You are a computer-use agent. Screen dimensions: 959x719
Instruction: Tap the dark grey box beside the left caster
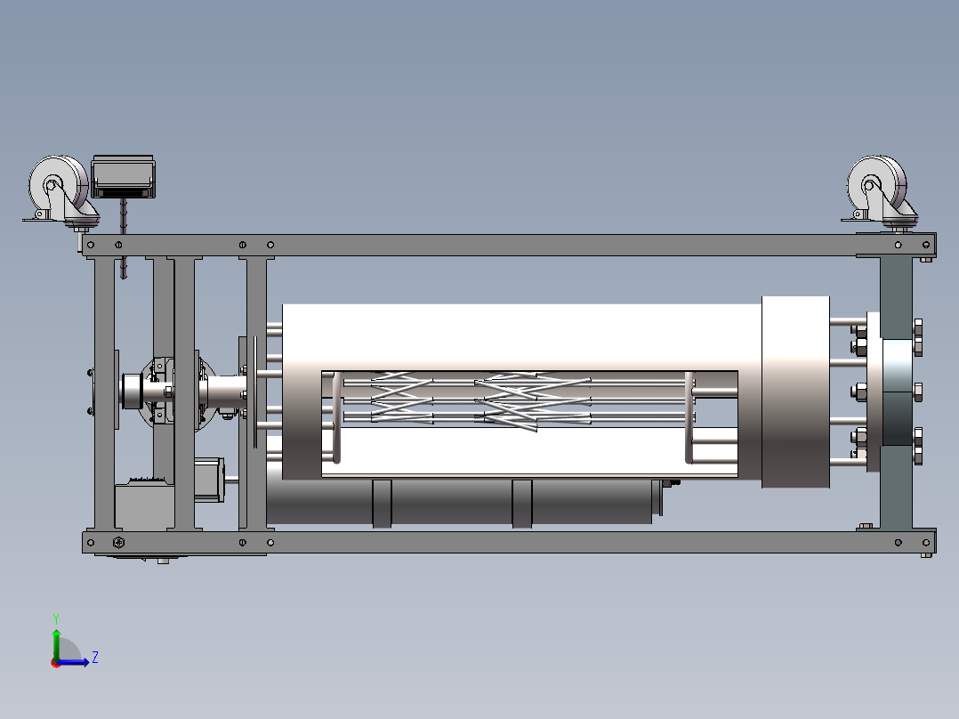123,177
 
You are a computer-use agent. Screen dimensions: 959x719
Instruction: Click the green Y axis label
56,618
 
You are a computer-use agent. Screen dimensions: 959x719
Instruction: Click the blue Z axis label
95,658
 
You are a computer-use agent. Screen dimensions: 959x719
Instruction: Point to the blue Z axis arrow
73,662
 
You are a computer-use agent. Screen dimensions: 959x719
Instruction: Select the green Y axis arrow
56,645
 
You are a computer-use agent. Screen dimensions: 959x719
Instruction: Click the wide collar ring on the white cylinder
795,392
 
